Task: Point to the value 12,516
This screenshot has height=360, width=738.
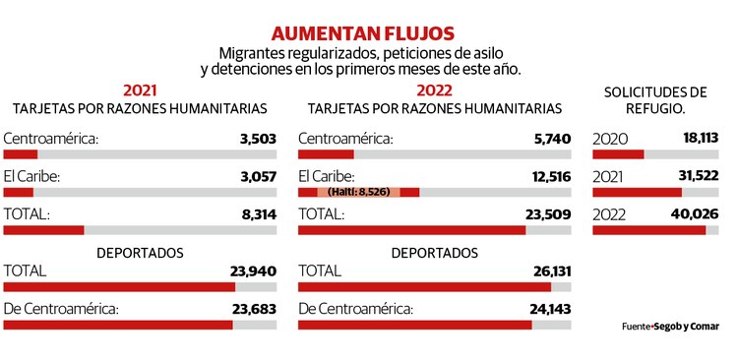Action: (548, 176)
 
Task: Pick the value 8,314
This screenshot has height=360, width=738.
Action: (258, 213)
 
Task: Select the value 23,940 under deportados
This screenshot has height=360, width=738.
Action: (254, 270)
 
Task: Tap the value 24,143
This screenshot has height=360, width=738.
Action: (547, 308)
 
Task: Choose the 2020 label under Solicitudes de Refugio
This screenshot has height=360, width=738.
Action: (610, 139)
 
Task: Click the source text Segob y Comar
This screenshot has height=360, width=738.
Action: (691, 326)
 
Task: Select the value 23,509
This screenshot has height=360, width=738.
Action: (547, 213)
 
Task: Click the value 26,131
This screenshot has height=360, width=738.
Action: (547, 270)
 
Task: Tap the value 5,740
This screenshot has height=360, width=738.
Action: (552, 139)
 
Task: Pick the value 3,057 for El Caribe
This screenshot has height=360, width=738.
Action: (258, 176)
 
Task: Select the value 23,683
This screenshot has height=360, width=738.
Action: (254, 308)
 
